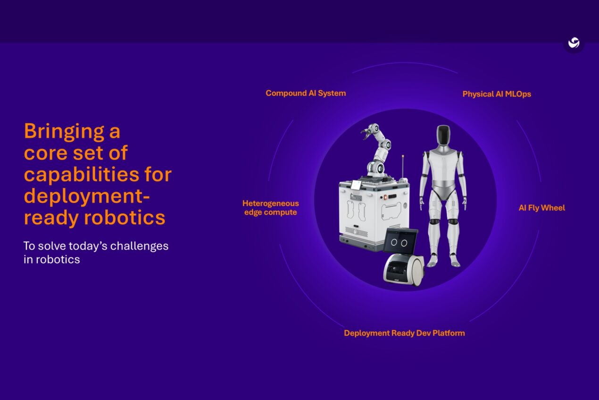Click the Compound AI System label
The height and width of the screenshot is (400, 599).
point(306,93)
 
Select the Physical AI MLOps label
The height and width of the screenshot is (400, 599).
point(497,94)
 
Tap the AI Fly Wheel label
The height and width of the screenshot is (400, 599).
point(541,208)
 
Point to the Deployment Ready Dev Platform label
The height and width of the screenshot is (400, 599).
point(404,333)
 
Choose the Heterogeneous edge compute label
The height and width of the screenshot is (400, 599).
point(271,208)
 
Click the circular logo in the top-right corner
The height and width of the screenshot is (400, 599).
point(574,43)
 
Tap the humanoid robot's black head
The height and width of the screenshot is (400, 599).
point(443,136)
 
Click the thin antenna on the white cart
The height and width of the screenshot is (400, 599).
point(402,165)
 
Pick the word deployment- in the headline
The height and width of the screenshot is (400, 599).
point(86,196)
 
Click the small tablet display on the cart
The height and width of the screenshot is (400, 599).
point(357,185)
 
